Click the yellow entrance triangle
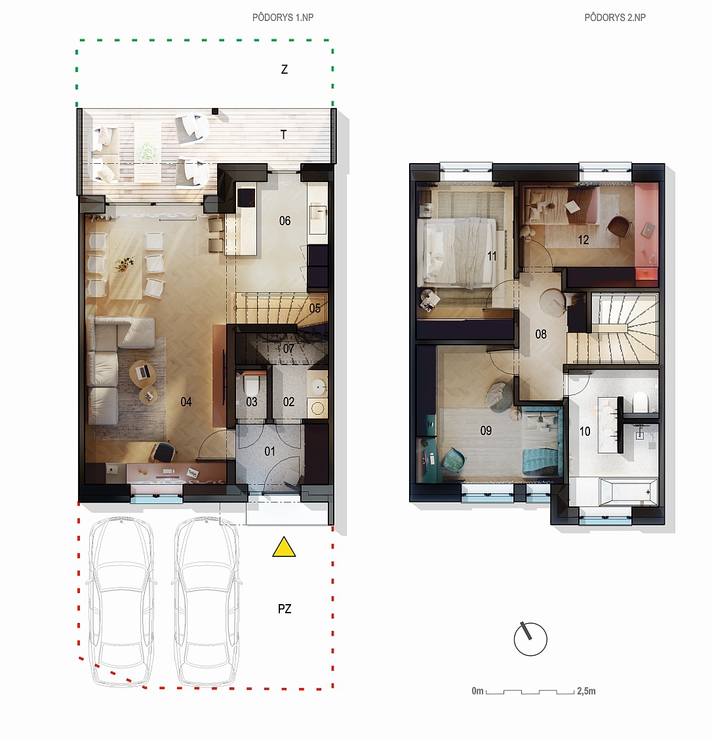[284, 547]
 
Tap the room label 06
[285, 221]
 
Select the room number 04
[186, 402]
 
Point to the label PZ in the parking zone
[285, 609]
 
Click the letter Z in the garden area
[284, 69]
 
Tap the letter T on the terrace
[284, 135]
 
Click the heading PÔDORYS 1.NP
[283, 18]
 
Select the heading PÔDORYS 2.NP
[615, 18]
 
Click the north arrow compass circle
[530, 639]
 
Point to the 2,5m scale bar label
[586, 691]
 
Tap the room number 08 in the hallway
[541, 334]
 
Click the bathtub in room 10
[628, 492]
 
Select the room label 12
[583, 240]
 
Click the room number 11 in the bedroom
[492, 256]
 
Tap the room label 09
[486, 430]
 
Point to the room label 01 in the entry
[269, 451]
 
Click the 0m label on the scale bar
[477, 691]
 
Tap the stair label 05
[315, 309]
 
